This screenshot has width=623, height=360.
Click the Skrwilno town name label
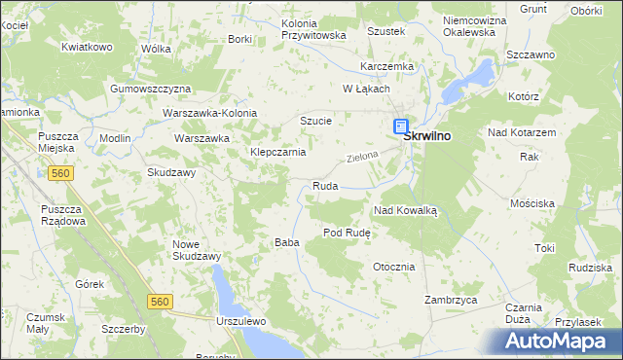point(427,137)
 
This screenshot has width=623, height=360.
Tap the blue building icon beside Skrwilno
point(400,126)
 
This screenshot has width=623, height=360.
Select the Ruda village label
point(324,185)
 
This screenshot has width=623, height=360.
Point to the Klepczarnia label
point(278,153)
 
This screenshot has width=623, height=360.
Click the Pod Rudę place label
point(348,234)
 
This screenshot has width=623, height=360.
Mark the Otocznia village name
point(393,267)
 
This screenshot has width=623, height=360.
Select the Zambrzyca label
point(451,301)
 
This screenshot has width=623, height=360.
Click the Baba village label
point(285,242)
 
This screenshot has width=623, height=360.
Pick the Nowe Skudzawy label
point(197,250)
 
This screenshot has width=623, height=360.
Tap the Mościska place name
point(532,203)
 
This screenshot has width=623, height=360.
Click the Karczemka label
point(386,66)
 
